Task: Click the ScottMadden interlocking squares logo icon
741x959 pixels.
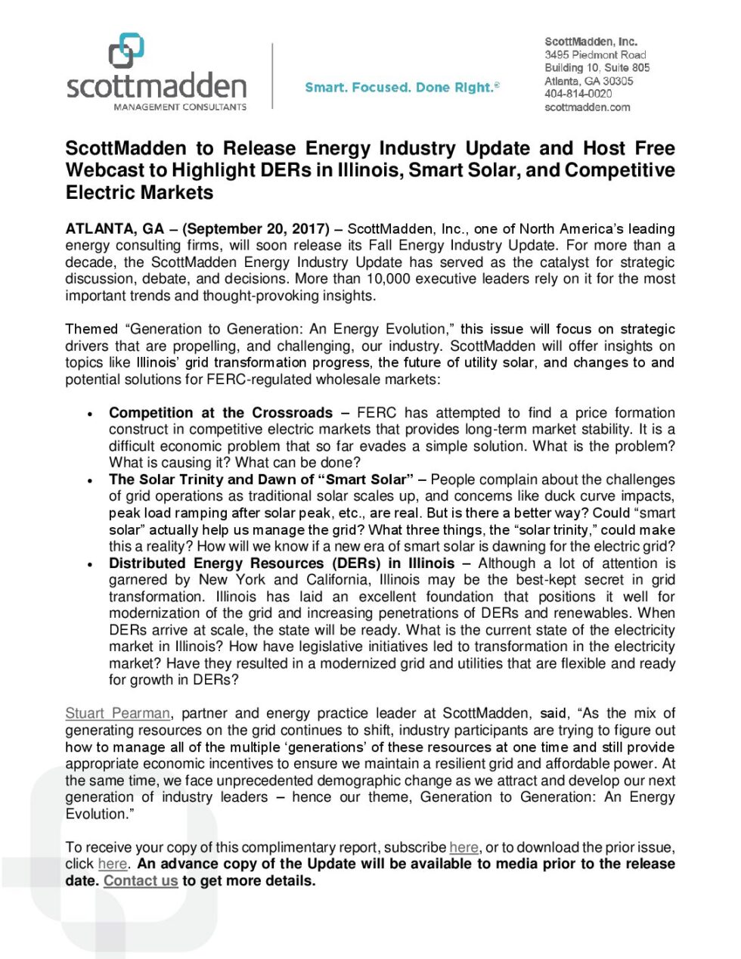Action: pos(126,51)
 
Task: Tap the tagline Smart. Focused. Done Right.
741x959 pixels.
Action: pos(402,88)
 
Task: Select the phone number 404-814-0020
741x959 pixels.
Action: pos(578,94)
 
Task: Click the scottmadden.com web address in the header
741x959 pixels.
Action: pos(587,107)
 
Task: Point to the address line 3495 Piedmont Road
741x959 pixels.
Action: pos(595,55)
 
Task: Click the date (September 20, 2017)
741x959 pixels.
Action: pos(256,229)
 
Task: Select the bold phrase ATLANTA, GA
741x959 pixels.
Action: pos(114,229)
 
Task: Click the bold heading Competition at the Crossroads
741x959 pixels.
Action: pos(220,413)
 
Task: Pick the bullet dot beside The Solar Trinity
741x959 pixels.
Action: pos(91,481)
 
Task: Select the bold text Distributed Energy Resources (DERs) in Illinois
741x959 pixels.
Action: pos(281,563)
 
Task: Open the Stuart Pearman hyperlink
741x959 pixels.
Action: pos(118,713)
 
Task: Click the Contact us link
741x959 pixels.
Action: pos(141,881)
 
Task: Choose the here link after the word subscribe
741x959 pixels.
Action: pos(464,848)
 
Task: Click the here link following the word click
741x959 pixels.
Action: pos(113,864)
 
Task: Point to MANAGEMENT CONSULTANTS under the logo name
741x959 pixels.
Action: pos(180,107)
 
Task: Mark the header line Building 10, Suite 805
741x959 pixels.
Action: pos(597,68)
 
